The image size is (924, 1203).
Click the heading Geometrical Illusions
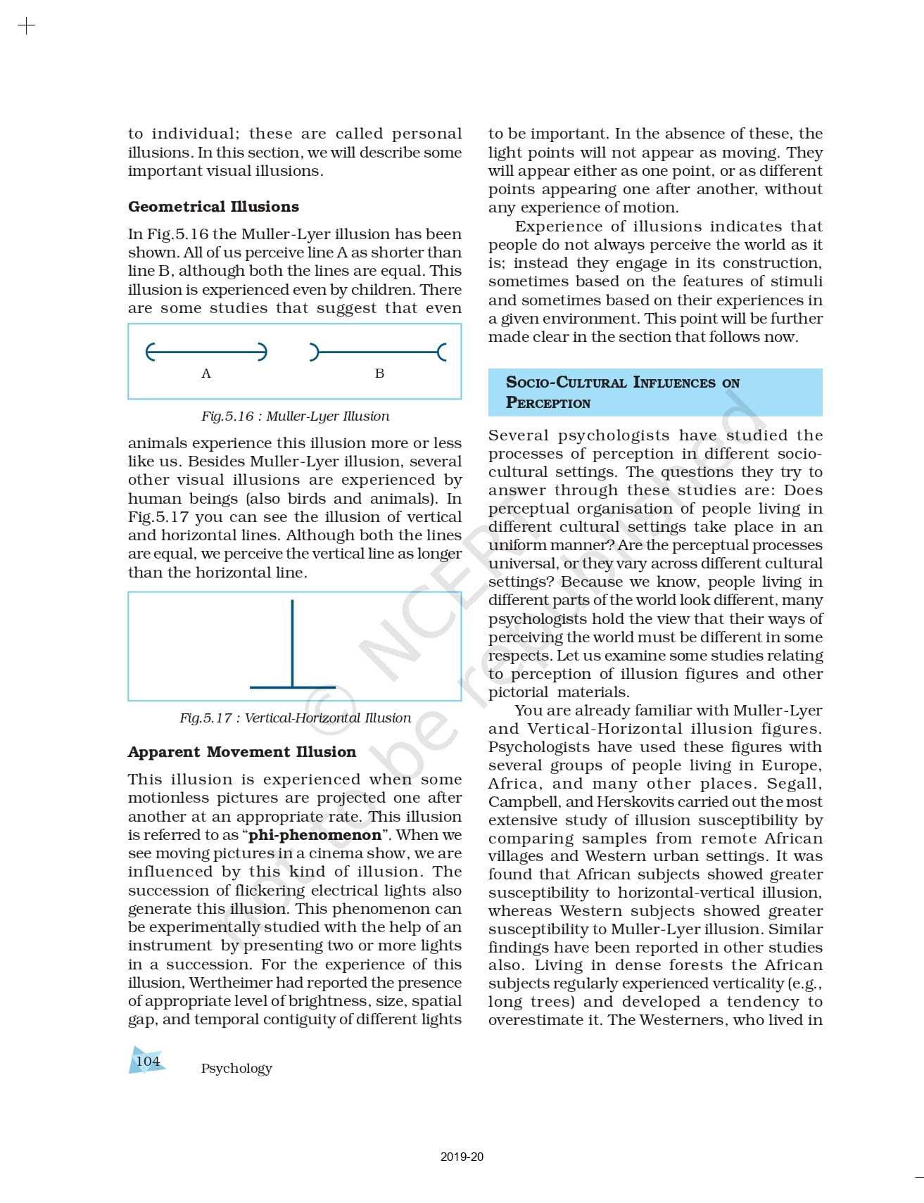(x=213, y=207)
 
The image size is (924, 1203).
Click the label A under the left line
(x=206, y=374)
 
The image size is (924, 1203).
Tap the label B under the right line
(x=379, y=374)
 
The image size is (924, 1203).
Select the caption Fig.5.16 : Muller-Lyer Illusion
(x=295, y=416)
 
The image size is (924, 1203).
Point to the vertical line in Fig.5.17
(x=292, y=640)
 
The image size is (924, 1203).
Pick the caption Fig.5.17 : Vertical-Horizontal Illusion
(x=295, y=718)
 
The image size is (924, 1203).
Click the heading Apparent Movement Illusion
(x=241, y=752)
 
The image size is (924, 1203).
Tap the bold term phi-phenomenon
(x=315, y=835)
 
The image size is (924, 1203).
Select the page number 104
(x=148, y=1061)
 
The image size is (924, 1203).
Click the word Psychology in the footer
(x=236, y=1069)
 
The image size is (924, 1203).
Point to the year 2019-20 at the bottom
(x=462, y=1157)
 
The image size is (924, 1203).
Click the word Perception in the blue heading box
(x=548, y=403)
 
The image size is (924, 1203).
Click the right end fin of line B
(x=442, y=352)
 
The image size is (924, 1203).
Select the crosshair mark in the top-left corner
(x=26, y=27)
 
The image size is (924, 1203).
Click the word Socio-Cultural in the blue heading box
(x=566, y=383)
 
